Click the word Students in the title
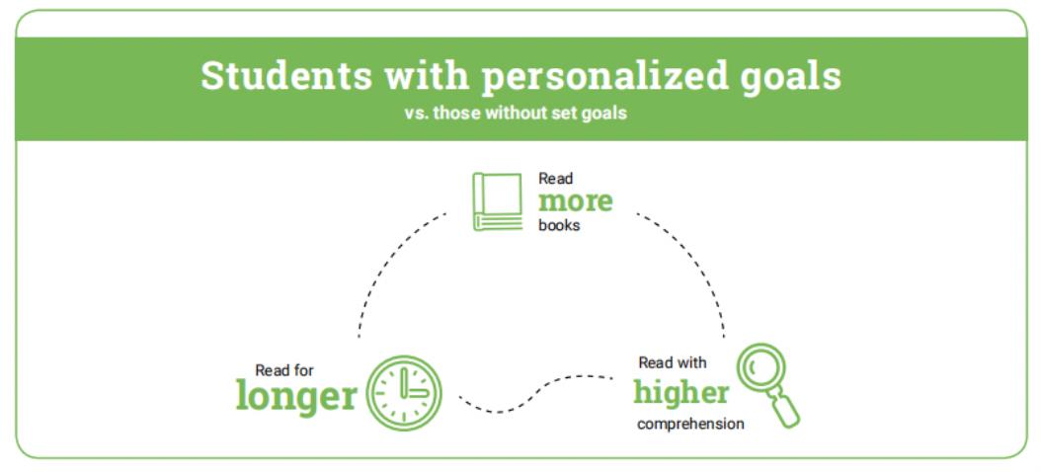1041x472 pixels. pyautogui.click(x=286, y=76)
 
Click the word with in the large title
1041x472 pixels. pyautogui.click(x=427, y=76)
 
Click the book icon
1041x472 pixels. pyautogui.click(x=497, y=201)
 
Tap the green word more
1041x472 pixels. pyautogui.click(x=576, y=201)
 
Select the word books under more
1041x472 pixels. pyautogui.click(x=559, y=225)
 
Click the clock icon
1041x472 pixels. pyautogui.click(x=404, y=393)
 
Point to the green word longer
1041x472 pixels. pyautogui.click(x=296, y=396)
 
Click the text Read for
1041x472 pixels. pyautogui.click(x=284, y=369)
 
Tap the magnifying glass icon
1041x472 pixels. pyautogui.click(x=768, y=385)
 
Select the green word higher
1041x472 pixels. pyautogui.click(x=681, y=392)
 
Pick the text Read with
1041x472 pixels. pyautogui.click(x=673, y=362)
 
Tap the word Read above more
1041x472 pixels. pyautogui.click(x=556, y=179)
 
